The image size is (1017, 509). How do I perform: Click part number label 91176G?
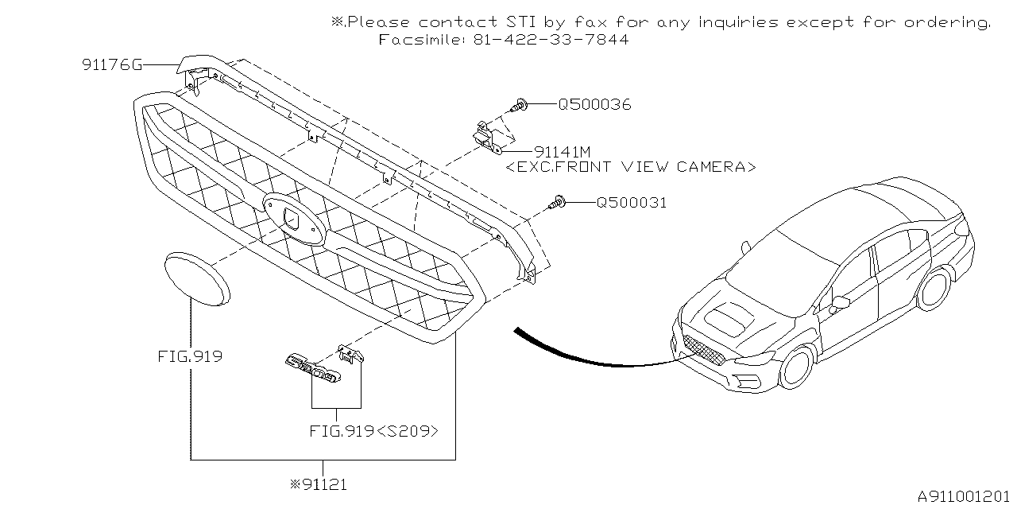pos(112,65)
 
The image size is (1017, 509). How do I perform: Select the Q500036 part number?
pos(594,104)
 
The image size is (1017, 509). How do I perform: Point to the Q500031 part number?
pos(632,203)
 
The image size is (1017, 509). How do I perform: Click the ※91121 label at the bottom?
pos(321,483)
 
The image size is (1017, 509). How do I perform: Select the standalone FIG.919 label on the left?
pos(190,356)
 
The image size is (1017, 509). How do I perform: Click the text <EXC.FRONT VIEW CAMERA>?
pos(631,167)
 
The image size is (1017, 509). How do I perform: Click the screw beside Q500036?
pos(518,103)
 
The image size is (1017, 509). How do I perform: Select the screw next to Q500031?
pos(559,204)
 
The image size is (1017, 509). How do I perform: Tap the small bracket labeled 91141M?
pos(488,135)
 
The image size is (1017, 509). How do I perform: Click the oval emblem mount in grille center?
pos(293,217)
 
